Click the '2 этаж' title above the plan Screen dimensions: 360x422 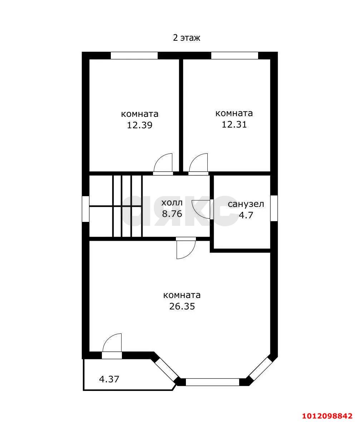[x=186, y=38]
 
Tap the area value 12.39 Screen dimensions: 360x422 [x=139, y=125]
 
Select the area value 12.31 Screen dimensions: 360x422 [x=234, y=124]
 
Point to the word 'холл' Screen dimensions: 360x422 [x=172, y=202]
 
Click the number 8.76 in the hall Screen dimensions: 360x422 [x=172, y=214]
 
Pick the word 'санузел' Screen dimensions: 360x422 [x=246, y=204]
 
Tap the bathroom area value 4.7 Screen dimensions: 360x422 [x=246, y=215]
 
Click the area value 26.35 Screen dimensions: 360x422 [x=182, y=306]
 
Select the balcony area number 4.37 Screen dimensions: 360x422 [x=109, y=379]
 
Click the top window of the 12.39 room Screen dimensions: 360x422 [x=134, y=55]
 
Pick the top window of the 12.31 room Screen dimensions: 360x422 [x=235, y=55]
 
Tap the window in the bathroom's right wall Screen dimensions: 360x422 [x=274, y=208]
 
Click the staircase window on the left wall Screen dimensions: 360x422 [x=86, y=209]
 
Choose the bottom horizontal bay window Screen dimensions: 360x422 [x=212, y=382]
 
